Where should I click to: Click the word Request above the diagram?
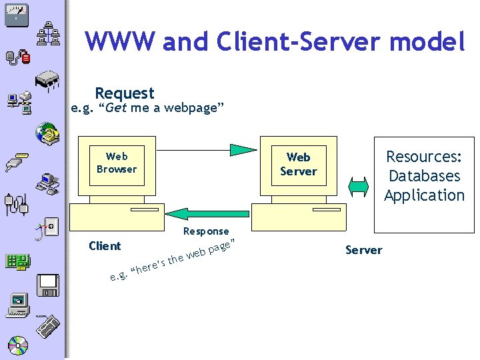[125, 93]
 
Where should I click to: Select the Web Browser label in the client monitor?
[116, 163]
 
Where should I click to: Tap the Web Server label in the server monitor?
[298, 164]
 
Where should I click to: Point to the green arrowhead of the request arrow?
[244, 150]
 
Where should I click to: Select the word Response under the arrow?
[205, 231]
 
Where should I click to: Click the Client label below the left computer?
[105, 246]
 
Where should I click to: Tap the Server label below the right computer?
[363, 250]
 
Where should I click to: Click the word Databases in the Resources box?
[424, 176]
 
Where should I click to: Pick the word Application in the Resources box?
[424, 195]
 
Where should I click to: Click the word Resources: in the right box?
[424, 157]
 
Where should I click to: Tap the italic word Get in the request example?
[117, 108]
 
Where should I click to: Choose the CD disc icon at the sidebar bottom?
[18, 345]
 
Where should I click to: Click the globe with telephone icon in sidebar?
[48, 134]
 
